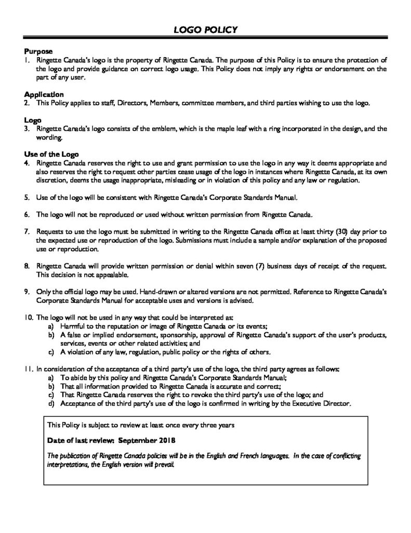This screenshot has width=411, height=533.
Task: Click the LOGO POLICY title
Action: tap(206, 30)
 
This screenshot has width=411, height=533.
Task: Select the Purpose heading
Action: tap(38, 52)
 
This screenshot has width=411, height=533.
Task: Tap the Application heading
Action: tap(44, 95)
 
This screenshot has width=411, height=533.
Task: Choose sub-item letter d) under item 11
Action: tap(50, 403)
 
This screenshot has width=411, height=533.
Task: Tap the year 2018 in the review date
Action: tap(167, 440)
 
